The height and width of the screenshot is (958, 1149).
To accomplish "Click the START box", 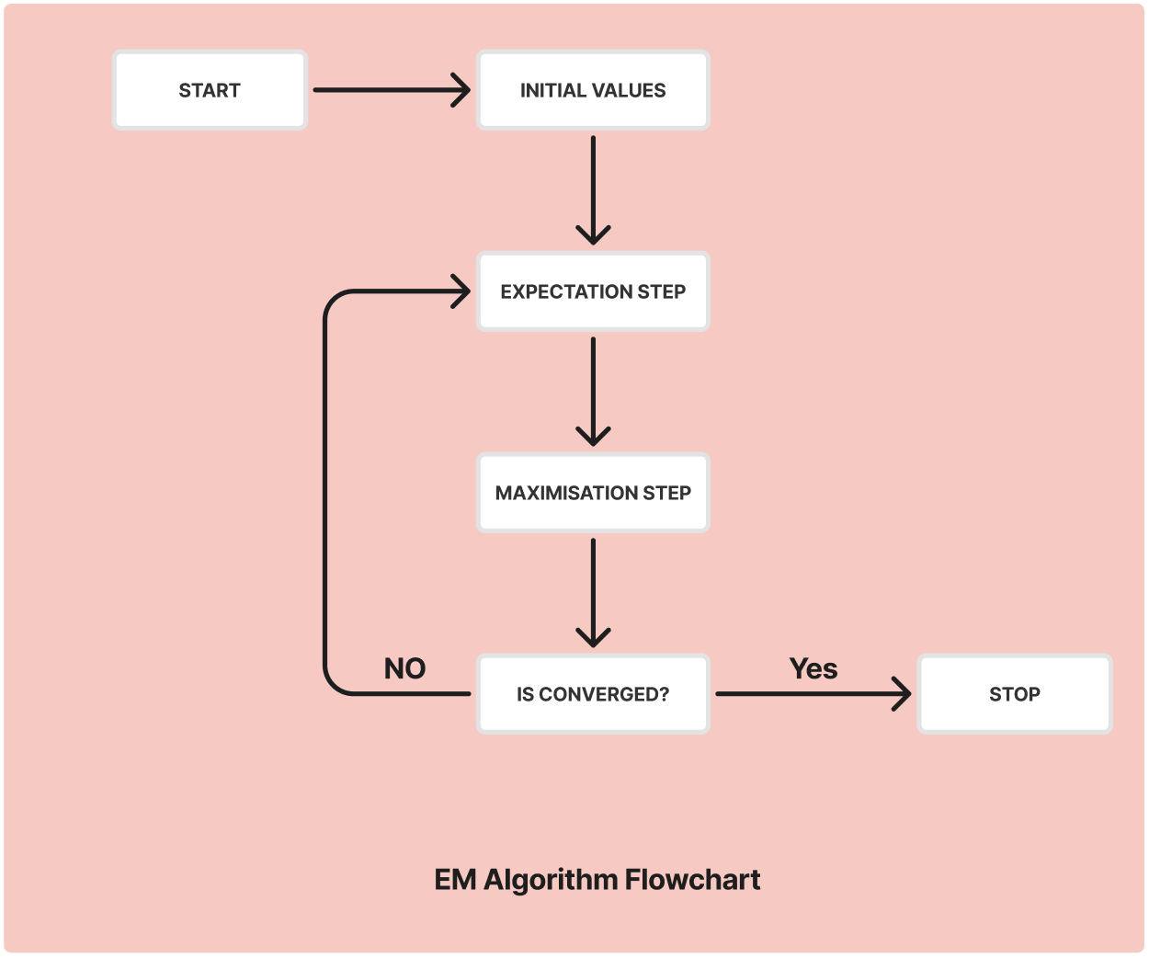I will (x=210, y=90).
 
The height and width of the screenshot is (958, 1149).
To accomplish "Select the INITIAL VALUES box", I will (x=593, y=90).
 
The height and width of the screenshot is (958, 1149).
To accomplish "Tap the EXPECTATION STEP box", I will (x=593, y=291).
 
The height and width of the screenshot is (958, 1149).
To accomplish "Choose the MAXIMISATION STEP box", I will (x=593, y=493).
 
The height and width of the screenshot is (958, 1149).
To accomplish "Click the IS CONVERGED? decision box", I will (x=593, y=694).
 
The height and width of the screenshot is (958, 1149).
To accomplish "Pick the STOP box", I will (x=1015, y=694).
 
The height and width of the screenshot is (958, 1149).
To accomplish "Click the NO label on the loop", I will (x=404, y=668).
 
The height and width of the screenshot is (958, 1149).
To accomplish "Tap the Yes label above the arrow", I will (x=813, y=668).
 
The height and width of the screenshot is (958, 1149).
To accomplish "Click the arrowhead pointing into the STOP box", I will (x=902, y=694).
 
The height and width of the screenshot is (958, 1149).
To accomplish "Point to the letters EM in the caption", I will (x=455, y=880).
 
